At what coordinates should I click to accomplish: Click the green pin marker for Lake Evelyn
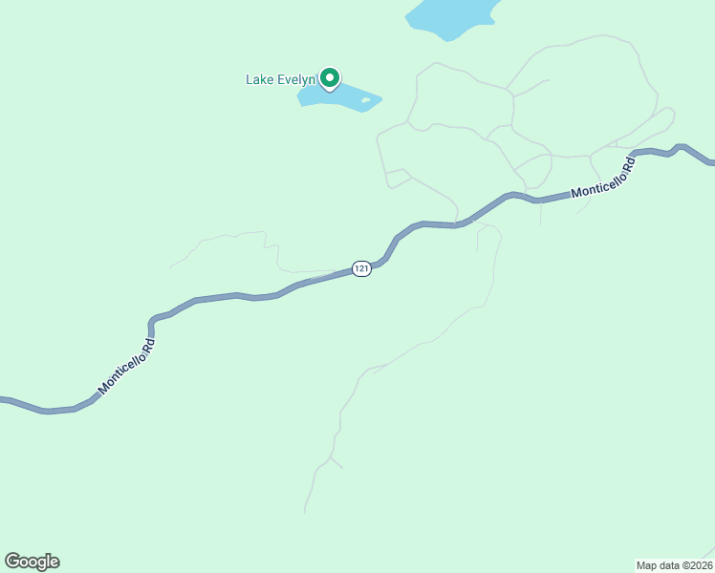330,77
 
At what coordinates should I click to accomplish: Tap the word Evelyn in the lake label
297,79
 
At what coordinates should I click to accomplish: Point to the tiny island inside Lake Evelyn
366,99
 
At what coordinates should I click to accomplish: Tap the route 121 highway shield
360,269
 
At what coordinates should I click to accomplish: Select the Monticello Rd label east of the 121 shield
603,180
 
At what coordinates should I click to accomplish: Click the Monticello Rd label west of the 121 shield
126,366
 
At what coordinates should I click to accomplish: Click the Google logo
32,562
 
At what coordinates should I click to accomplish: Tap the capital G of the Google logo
12,561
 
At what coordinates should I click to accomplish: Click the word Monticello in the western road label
119,372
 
